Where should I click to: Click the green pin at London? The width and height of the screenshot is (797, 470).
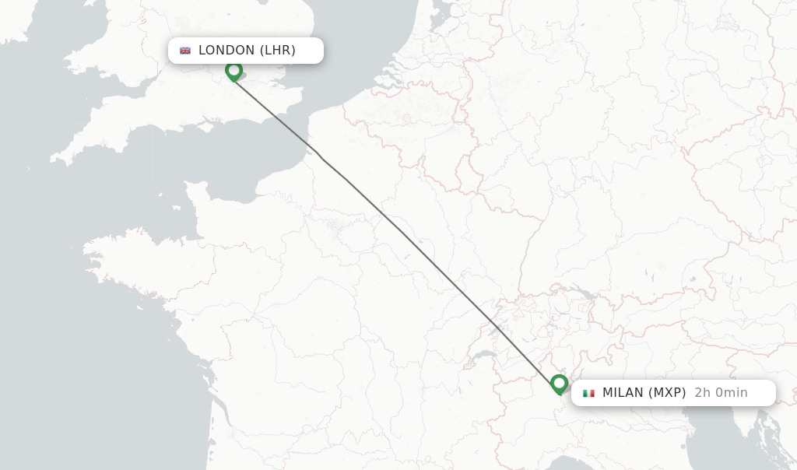point(233,71)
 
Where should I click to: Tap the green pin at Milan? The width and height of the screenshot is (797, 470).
point(559,384)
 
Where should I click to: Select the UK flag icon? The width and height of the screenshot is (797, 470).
point(185,51)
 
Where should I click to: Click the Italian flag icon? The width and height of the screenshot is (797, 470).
point(588,393)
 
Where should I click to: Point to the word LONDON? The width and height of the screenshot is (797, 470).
point(226,51)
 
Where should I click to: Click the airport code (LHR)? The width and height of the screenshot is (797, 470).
point(278,51)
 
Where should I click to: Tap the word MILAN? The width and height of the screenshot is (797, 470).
point(623,393)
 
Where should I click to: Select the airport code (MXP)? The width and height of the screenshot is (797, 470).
point(667,393)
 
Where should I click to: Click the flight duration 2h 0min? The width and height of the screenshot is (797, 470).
point(721,393)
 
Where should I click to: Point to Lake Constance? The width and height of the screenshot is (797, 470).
point(582,294)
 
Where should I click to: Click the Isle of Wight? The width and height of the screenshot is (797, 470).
point(208,122)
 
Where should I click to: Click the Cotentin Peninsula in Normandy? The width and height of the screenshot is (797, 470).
point(195,195)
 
